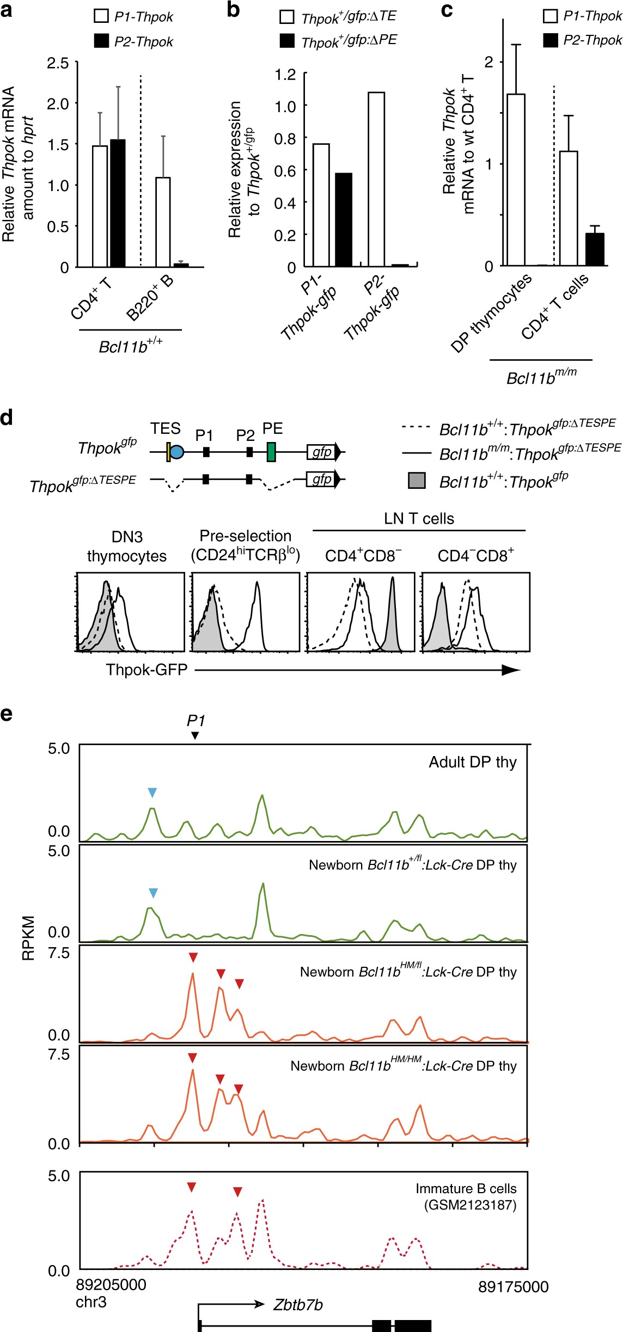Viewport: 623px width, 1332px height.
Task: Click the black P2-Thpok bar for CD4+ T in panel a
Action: click(118, 203)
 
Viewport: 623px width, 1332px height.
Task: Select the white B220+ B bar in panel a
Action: click(163, 222)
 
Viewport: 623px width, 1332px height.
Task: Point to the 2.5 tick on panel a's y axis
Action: click(58, 63)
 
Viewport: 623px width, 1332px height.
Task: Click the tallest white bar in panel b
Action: click(376, 179)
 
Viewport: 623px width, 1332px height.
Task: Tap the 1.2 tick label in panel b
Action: click(285, 74)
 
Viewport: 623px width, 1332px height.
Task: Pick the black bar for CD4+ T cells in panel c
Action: click(595, 249)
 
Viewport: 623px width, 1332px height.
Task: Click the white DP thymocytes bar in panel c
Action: click(516, 180)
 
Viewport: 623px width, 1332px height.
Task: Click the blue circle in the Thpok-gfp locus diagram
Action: click(177, 451)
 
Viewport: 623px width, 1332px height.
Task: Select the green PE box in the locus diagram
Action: click(271, 452)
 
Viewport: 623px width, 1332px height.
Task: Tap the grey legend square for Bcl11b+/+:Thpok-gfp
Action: click(417, 481)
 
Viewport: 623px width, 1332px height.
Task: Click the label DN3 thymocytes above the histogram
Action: click(127, 547)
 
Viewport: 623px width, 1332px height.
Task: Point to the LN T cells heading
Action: click(419, 518)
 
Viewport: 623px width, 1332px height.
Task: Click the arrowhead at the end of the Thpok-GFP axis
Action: click(510, 670)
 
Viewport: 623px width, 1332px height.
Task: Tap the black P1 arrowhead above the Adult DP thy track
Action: click(196, 735)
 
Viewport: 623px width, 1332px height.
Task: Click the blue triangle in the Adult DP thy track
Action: click(152, 793)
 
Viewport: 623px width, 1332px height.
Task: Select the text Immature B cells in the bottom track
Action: click(466, 1188)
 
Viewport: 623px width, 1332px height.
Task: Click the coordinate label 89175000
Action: click(513, 1287)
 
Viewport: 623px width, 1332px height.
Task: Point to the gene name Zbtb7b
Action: click(298, 1305)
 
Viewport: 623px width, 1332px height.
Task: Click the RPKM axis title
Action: click(28, 938)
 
